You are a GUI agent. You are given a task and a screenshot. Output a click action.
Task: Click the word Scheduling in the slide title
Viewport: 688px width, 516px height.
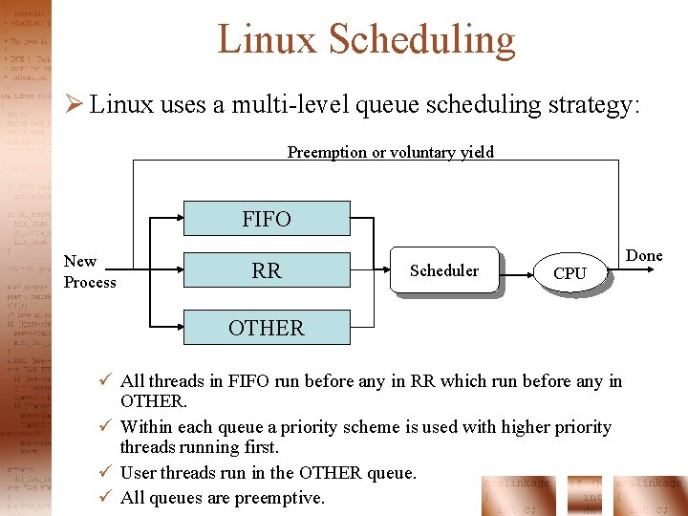point(421,40)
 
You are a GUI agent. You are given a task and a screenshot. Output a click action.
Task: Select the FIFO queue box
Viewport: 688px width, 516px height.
point(267,219)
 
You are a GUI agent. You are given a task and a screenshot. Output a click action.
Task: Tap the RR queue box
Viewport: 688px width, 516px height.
point(267,270)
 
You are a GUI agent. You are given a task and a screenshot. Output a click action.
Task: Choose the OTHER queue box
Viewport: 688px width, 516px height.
point(267,328)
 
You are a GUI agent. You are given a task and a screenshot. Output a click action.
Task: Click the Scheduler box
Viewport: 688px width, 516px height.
point(444,271)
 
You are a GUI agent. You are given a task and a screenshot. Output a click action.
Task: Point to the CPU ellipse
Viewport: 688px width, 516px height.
point(570,273)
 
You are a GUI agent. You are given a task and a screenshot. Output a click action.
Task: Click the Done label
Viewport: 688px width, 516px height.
point(644,255)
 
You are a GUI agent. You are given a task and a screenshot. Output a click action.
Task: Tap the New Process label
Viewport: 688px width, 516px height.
point(89,271)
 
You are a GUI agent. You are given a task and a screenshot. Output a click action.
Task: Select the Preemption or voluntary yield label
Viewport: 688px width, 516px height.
point(391,152)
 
